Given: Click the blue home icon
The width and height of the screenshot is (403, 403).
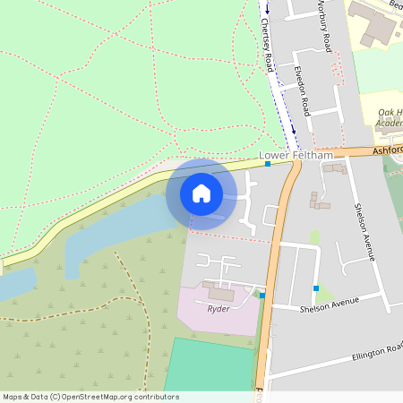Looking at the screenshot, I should point(201,193).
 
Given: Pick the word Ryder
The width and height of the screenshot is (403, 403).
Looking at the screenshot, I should point(219,309).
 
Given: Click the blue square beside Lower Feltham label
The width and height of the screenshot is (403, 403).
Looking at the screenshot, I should point(268,164).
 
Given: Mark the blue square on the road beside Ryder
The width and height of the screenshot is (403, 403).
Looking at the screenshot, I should point(262,296).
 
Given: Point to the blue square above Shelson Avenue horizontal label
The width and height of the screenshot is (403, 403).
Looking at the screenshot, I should point(315,287).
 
